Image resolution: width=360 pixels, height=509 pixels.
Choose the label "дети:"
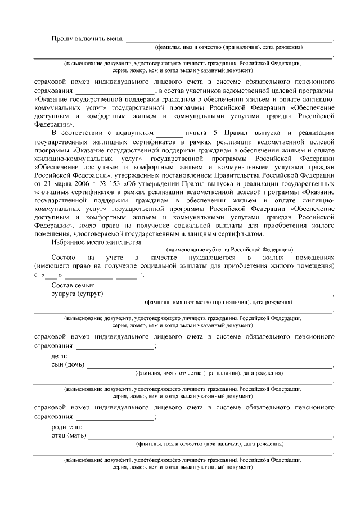coord(59,356)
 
